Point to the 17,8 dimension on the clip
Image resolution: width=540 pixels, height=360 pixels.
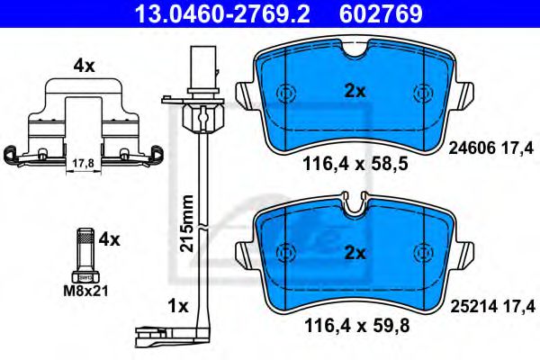tap(82, 163)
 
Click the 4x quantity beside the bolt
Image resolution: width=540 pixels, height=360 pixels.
tap(109, 239)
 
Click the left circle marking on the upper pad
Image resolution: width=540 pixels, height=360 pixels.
tap(285, 93)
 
